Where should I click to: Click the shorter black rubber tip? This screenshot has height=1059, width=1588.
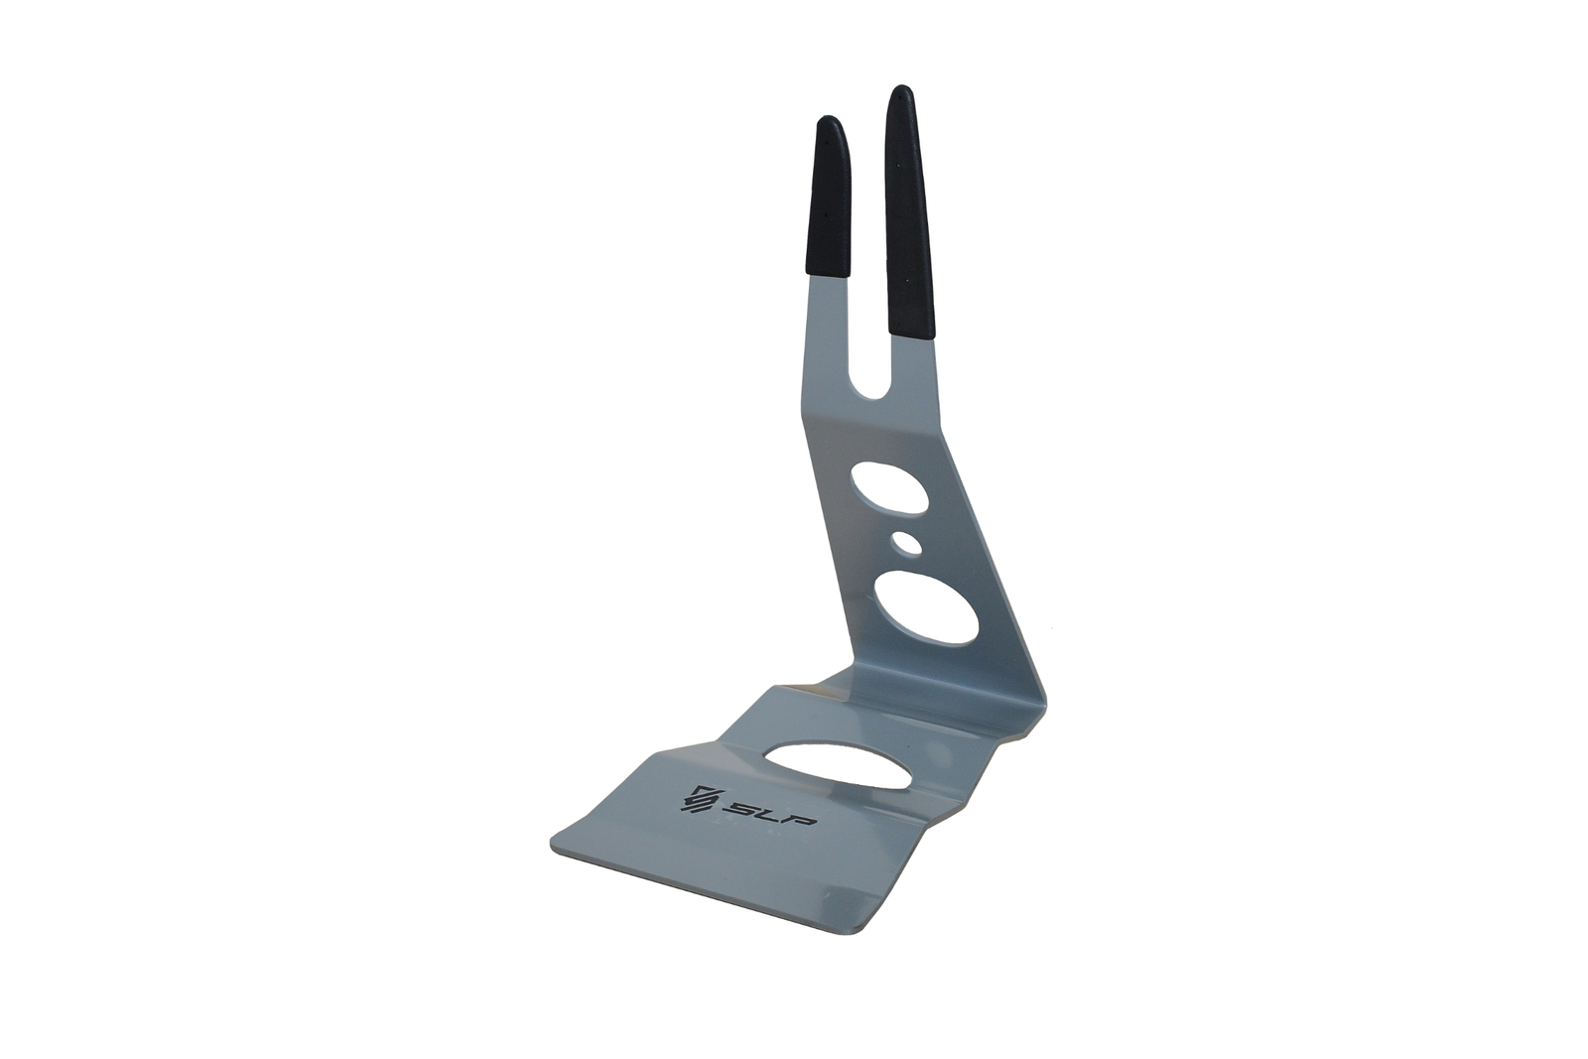pyautogui.click(x=828, y=199)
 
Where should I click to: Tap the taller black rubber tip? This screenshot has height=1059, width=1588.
pyautogui.click(x=909, y=212)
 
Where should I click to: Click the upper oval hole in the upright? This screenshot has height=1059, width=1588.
pyautogui.click(x=889, y=487)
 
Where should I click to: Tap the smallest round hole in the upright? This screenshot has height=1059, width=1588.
pyautogui.click(x=907, y=543)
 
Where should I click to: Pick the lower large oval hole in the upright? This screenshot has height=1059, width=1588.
pyautogui.click(x=926, y=607)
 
